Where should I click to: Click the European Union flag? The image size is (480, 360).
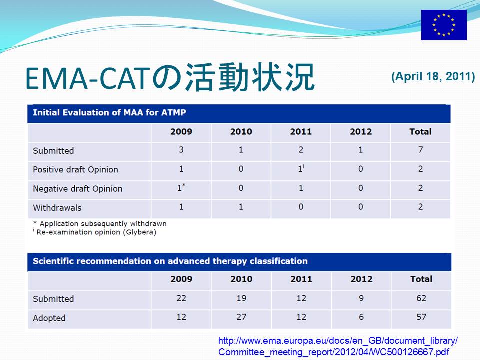click(x=444, y=25)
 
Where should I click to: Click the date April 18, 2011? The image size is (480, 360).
click(x=433, y=76)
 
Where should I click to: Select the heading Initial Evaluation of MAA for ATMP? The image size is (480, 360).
click(x=109, y=112)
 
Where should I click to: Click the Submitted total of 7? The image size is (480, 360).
click(x=420, y=150)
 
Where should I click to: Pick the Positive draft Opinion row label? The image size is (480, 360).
click(x=75, y=169)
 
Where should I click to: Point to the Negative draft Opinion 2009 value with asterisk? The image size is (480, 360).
click(x=181, y=187)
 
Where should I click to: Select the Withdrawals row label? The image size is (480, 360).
click(x=57, y=208)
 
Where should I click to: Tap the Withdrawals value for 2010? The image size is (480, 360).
click(x=241, y=207)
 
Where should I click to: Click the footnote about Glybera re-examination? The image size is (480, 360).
click(x=95, y=232)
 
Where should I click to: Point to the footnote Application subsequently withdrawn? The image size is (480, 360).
click(x=100, y=224)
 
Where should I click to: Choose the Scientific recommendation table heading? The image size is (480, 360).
click(x=170, y=261)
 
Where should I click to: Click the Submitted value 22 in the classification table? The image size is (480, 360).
click(x=181, y=298)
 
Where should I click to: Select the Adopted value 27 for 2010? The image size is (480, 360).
click(x=241, y=317)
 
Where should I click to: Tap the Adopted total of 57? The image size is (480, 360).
click(x=421, y=317)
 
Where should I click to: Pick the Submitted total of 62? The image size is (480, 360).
click(x=421, y=298)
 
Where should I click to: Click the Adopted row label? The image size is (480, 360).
click(x=49, y=318)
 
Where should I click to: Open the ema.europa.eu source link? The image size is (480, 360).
click(x=338, y=346)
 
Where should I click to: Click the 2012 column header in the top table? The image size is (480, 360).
click(x=361, y=132)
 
